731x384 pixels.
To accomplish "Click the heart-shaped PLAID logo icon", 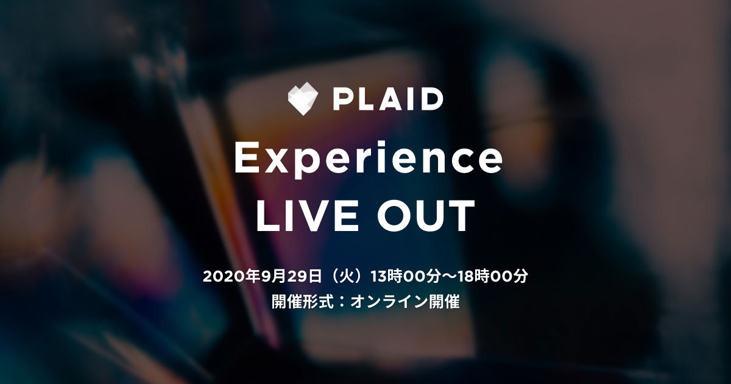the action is [x=303, y=100].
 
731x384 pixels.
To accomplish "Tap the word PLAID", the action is [x=387, y=100].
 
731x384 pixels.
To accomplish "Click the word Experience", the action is [x=368, y=160].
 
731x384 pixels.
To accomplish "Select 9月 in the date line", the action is [x=272, y=277].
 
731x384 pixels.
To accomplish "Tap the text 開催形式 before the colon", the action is [x=303, y=301].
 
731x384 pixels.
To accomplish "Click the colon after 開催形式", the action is [x=342, y=302].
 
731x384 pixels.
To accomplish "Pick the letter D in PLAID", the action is [x=432, y=100].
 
